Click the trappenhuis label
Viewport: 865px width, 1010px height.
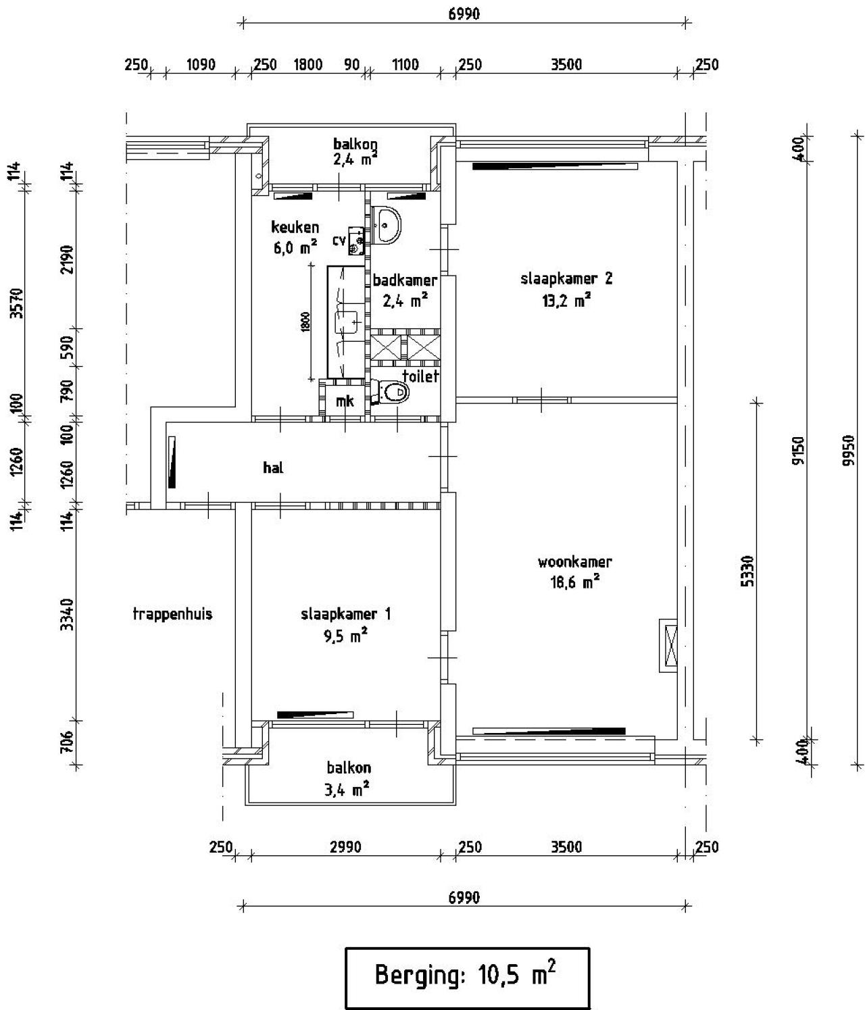coord(172,614)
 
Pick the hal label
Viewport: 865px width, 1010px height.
coord(273,468)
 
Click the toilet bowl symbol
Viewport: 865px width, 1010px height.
coord(393,392)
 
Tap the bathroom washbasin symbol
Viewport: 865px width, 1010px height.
coord(387,223)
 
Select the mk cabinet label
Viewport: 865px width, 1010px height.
coord(345,401)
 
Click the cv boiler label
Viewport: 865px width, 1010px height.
coord(339,240)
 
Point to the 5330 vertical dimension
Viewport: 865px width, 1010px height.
coord(747,571)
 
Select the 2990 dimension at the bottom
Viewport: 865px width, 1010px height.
coord(345,847)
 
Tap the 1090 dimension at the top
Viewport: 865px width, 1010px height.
coord(200,65)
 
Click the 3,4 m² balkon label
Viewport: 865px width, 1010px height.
coord(349,778)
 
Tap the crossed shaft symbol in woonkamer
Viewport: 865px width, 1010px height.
coord(670,645)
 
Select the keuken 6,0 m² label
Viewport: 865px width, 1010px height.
coord(295,237)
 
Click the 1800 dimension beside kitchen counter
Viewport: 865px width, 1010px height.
coord(305,322)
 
